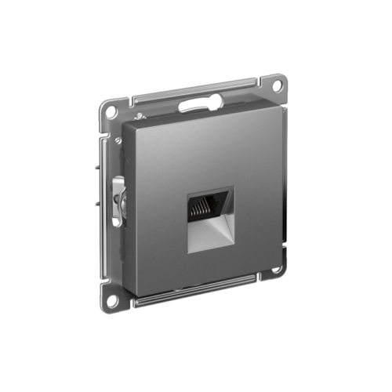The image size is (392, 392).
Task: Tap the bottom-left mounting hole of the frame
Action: click(111, 298)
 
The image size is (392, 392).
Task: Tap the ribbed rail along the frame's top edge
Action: click(196, 89)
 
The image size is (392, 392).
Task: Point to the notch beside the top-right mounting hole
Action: click(262, 80)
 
